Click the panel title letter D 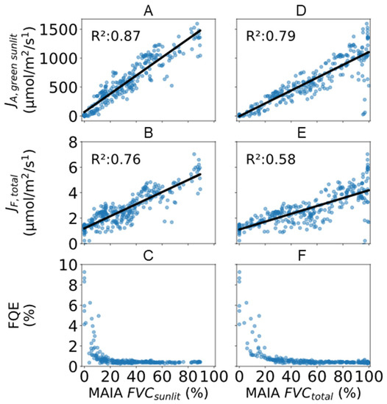(x=303, y=8)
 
